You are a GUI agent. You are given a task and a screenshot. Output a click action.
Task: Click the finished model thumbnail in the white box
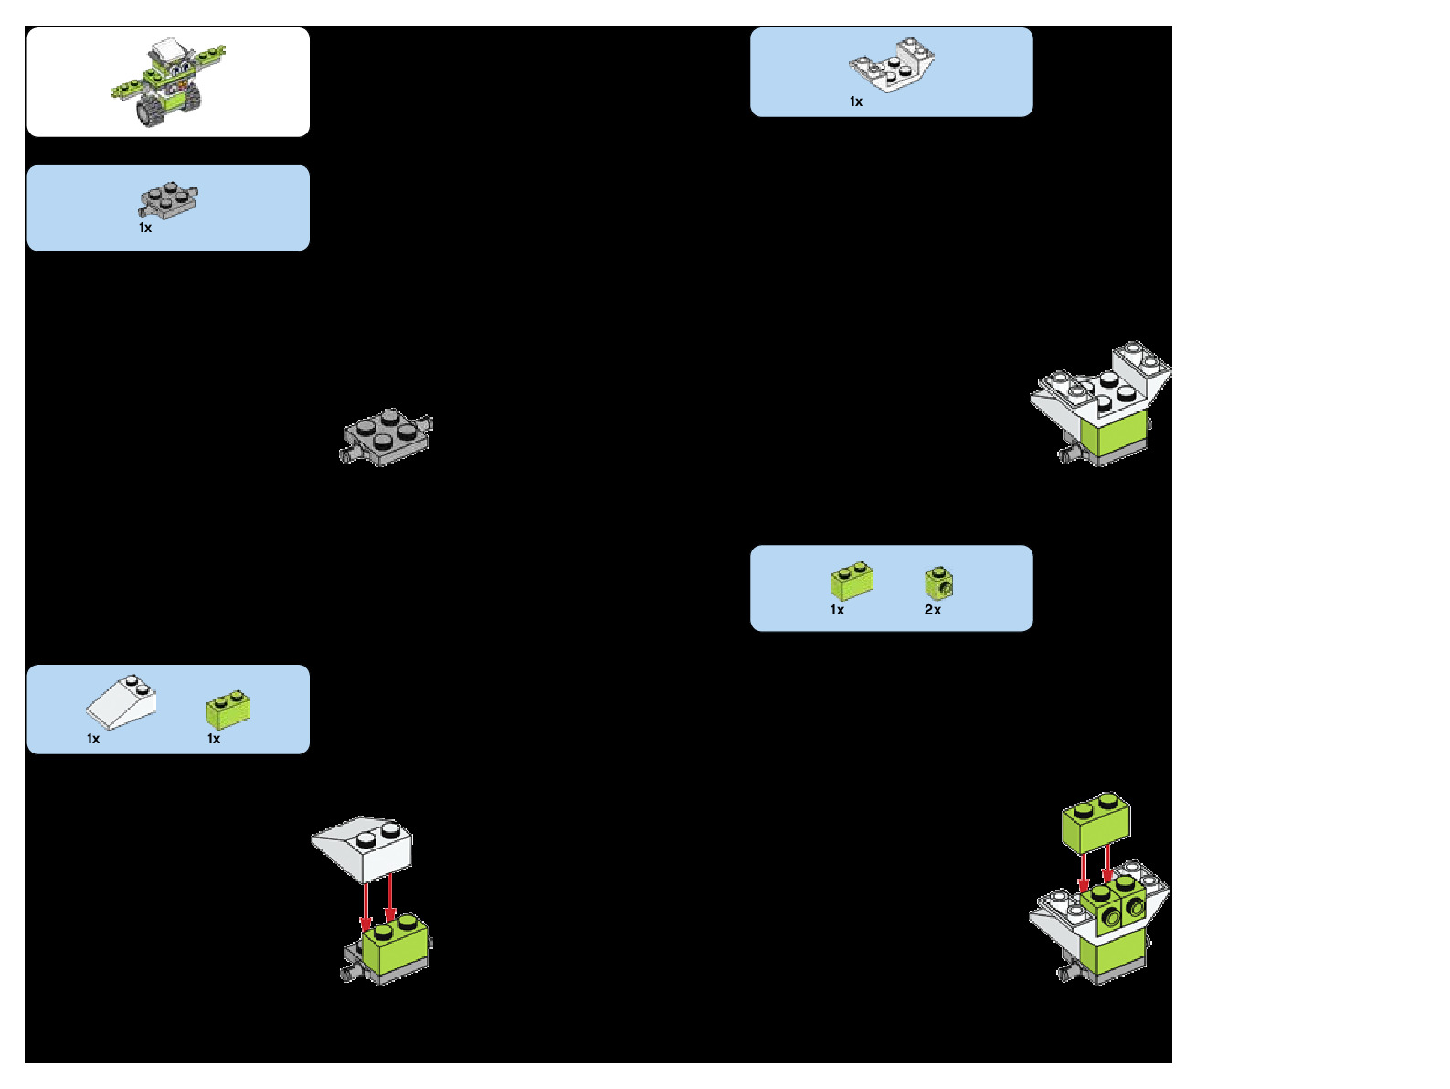pyautogui.click(x=168, y=82)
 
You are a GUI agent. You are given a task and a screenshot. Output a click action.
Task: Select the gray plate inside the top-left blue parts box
pyautogui.click(x=168, y=199)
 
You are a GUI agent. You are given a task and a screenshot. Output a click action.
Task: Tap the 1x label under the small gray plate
pyautogui.click(x=145, y=228)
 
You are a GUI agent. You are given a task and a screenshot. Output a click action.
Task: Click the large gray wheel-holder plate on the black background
pyautogui.click(x=386, y=436)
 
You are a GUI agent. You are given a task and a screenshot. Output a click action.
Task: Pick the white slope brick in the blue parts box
pyautogui.click(x=122, y=702)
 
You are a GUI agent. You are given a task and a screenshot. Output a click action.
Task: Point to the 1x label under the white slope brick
pyautogui.click(x=93, y=739)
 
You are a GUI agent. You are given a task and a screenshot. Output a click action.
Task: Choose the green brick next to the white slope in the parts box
pyautogui.click(x=228, y=710)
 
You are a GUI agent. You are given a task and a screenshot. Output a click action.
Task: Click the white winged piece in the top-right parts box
pyautogui.click(x=892, y=65)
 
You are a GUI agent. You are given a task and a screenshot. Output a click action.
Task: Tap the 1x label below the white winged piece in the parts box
pyautogui.click(x=856, y=101)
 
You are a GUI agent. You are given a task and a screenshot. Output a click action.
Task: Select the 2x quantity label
pyautogui.click(x=933, y=610)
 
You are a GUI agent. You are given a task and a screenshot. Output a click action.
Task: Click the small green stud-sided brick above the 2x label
pyautogui.click(x=939, y=582)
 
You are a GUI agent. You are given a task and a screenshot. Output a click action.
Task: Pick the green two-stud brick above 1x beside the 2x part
pyautogui.click(x=852, y=581)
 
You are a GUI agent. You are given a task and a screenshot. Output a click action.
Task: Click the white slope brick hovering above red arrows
pyautogui.click(x=364, y=847)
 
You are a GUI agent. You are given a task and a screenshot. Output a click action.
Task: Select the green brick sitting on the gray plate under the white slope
pyautogui.click(x=396, y=945)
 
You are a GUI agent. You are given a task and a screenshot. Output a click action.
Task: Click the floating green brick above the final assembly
pyautogui.click(x=1095, y=821)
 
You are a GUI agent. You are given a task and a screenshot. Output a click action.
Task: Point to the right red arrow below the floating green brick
pyautogui.click(x=1107, y=864)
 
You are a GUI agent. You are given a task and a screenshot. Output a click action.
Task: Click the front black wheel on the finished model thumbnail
pyautogui.click(x=150, y=112)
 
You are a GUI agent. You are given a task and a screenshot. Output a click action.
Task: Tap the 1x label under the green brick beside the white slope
pyautogui.click(x=214, y=739)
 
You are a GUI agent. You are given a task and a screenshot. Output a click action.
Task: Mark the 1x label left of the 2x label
pyautogui.click(x=838, y=610)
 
